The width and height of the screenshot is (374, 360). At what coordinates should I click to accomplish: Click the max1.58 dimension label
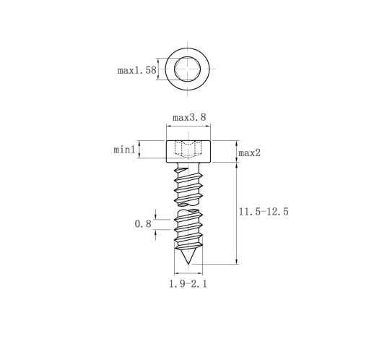click(x=136, y=70)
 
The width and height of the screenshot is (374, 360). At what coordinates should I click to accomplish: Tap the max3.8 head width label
click(x=189, y=118)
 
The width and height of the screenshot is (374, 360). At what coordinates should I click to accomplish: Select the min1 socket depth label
click(x=124, y=150)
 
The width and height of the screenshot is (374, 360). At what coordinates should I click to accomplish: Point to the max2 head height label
click(x=249, y=153)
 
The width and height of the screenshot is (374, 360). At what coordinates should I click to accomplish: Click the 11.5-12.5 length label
click(x=264, y=212)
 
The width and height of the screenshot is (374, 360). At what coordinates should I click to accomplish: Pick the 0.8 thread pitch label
click(x=143, y=224)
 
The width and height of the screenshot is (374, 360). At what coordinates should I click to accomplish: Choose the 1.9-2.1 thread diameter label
click(x=188, y=284)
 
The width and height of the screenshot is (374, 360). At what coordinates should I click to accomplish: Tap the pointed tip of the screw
click(x=188, y=264)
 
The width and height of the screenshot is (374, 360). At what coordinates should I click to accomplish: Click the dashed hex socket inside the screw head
click(x=188, y=150)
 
